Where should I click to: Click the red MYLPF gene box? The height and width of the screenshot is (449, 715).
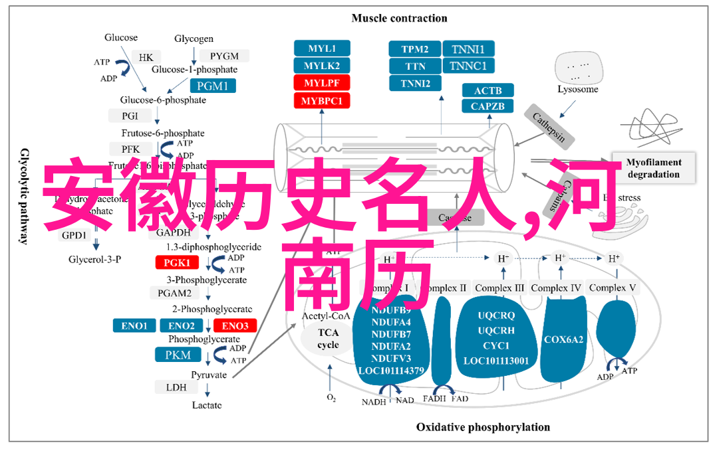322,83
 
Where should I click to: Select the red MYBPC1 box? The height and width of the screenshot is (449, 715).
322,101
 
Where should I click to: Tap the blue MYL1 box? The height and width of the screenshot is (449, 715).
322,48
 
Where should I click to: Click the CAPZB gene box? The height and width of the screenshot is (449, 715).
488,106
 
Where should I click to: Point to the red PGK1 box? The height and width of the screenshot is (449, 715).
177,262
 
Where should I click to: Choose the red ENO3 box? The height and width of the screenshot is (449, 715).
235,325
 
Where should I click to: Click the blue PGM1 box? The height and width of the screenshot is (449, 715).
212,86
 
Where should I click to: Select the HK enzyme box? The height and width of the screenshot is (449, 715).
146,57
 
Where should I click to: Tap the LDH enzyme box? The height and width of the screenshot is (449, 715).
176,387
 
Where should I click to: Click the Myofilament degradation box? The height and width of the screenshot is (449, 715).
654,168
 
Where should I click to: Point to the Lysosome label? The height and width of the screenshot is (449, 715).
577,89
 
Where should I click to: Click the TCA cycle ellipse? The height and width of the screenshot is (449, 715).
328,339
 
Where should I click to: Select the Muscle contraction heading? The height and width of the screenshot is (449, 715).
399,18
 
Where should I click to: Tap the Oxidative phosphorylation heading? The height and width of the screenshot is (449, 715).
483,427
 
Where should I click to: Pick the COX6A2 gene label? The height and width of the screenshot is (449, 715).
563,339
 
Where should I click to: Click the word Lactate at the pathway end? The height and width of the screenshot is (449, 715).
207,404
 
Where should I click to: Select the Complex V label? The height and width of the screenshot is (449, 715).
613,288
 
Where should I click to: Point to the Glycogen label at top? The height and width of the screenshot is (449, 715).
194,39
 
